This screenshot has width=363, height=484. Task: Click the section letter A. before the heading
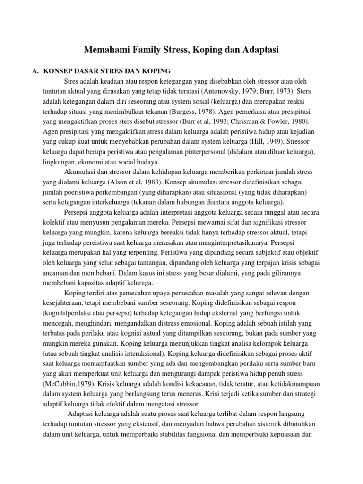(x=35, y=71)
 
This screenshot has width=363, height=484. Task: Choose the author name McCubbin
(x=61, y=383)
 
